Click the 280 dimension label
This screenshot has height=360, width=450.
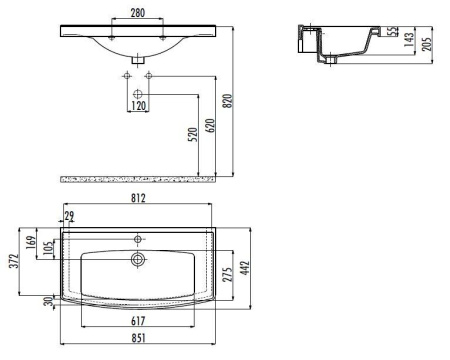[x=138, y=13]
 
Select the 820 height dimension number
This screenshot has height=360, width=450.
[x=228, y=101]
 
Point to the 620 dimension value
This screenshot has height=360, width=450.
[x=210, y=125]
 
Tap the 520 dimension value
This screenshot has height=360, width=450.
[x=192, y=135]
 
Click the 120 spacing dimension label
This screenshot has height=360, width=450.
[x=139, y=106]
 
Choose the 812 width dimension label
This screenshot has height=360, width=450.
[x=138, y=198]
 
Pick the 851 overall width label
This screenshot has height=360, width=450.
[x=138, y=338]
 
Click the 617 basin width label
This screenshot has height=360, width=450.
[x=138, y=321]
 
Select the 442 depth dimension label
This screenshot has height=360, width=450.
[x=245, y=268]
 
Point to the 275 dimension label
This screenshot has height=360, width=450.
[x=228, y=274]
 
